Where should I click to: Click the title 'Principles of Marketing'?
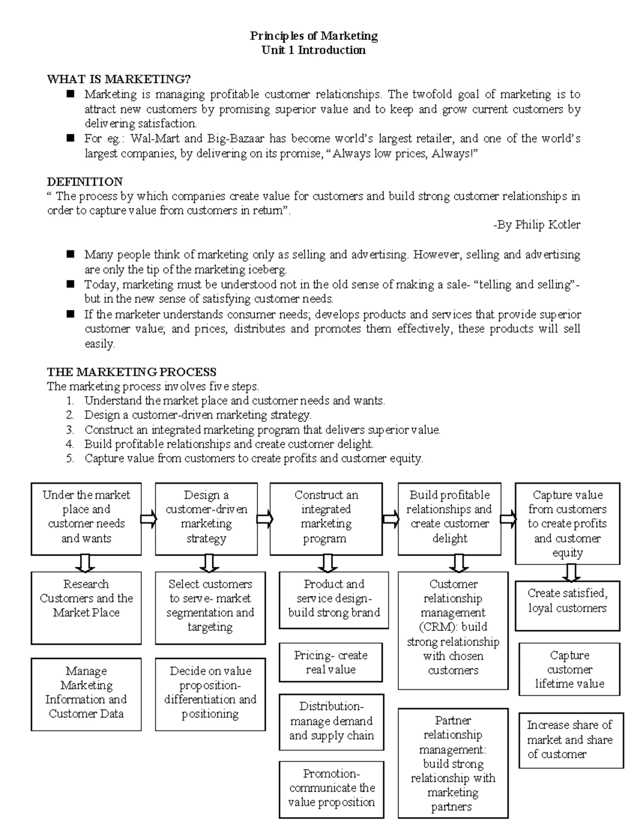tap(314, 36)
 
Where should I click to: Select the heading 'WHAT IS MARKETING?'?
tap(118, 80)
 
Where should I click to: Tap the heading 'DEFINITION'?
tap(85, 181)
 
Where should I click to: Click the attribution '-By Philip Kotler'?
tap(537, 225)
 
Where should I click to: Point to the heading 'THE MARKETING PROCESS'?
tap(132, 372)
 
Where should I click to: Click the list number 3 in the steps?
tap(70, 430)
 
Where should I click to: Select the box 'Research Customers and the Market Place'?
tap(86, 607)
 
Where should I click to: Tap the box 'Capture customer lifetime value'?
tap(569, 669)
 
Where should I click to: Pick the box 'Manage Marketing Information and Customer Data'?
tap(86, 693)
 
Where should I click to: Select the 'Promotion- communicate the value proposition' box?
tap(331, 788)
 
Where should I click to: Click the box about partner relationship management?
tap(453, 763)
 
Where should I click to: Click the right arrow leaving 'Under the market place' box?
tap(148, 518)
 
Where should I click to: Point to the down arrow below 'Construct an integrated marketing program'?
tap(327, 563)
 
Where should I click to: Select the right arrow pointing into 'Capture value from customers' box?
tap(508, 518)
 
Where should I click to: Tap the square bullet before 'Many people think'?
tap(71, 255)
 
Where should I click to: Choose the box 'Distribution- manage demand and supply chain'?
tap(331, 721)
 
